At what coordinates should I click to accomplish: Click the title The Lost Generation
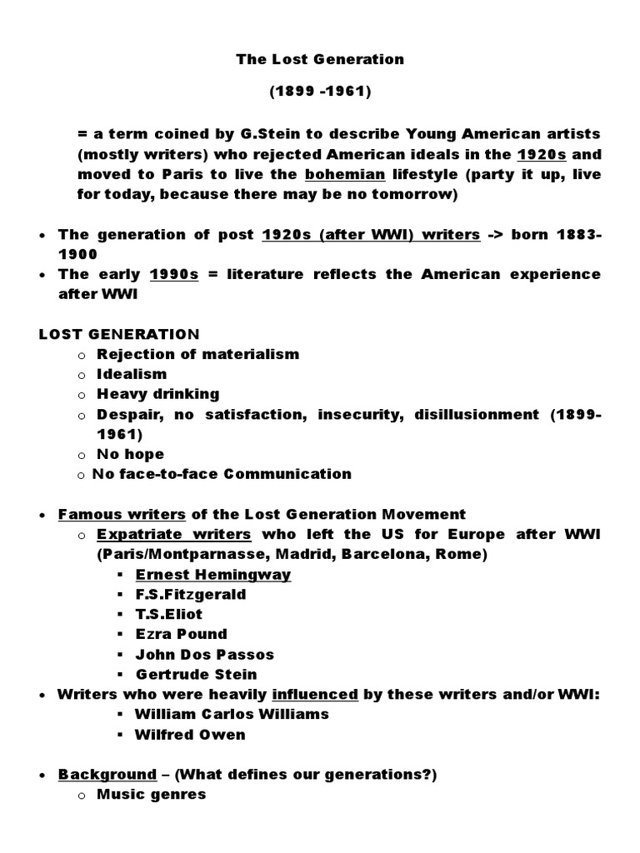pos(320,59)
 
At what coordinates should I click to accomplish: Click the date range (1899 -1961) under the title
pos(320,92)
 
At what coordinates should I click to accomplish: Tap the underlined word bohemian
pos(345,174)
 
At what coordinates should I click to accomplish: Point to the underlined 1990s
pos(173,274)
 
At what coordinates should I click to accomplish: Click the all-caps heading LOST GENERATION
pos(119,334)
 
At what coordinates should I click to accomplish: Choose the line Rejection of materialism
pos(197,354)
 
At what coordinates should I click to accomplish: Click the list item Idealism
pos(132,374)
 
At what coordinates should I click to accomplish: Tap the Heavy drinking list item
pos(158,394)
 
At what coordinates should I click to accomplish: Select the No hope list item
pos(131,454)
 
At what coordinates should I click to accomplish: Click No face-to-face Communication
pos(222,474)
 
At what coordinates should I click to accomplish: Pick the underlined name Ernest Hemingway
pos(213,575)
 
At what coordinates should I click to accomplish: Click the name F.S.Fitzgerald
pos(191,595)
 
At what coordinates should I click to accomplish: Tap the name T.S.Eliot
pos(169,615)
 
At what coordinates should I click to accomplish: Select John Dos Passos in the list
pos(205,655)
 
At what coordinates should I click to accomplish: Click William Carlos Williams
pos(232,714)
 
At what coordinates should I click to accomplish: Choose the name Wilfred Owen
pos(191,735)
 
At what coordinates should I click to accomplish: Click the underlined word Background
pos(107,775)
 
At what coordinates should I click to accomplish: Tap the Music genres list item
pos(152,795)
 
